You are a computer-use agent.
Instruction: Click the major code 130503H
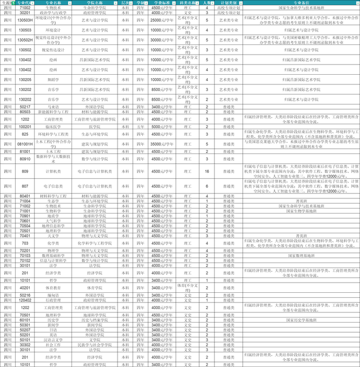coord(25,19)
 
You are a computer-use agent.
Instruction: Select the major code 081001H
coord(25,143)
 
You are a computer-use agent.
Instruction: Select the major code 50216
coord(25,294)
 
